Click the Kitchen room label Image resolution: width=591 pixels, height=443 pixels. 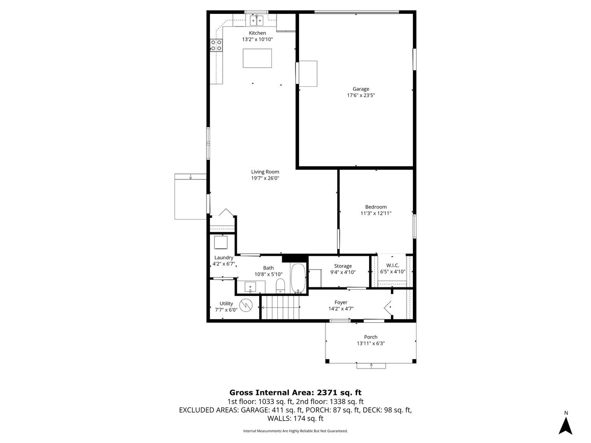[257, 33]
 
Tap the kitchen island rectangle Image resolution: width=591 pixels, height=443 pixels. [257, 58]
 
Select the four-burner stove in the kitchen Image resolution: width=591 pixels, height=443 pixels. [216, 45]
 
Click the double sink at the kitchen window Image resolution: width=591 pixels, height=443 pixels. [256, 20]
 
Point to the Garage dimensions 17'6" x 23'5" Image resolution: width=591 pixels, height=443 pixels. [361, 95]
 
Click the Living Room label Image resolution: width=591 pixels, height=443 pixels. [265, 171]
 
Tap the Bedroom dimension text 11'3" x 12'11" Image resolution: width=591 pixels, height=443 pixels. [375, 213]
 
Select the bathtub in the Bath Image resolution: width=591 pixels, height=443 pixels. [298, 278]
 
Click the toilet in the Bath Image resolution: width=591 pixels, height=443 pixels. [281, 286]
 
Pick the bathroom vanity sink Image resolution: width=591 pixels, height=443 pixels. [251, 287]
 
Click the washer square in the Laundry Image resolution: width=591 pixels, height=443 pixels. [221, 242]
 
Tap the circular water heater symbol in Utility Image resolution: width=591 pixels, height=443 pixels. [246, 305]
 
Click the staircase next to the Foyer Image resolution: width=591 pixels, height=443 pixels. [280, 307]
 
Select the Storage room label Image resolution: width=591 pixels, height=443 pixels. [343, 266]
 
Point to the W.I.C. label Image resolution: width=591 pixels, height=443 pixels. [392, 266]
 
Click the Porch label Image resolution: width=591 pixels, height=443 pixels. [370, 337]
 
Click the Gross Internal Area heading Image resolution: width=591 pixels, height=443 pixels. [295, 393]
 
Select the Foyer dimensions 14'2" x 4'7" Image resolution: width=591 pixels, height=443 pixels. [341, 309]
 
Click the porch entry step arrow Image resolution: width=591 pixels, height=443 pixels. [371, 365]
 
